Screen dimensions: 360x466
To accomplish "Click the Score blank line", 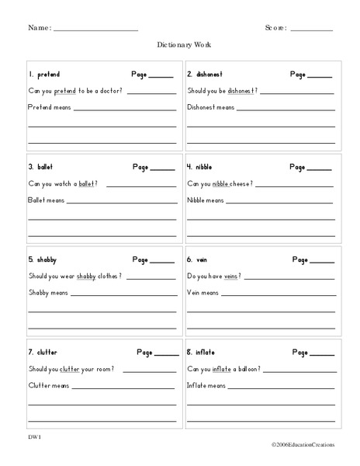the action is coord(311,30).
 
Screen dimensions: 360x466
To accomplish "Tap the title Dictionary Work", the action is coord(180,46).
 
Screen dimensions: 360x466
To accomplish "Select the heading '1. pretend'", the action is coord(44,75).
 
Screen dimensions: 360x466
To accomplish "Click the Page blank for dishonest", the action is coord(320,77).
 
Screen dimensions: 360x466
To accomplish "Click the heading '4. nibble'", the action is coord(199,167).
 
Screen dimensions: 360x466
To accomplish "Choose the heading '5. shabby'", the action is coord(43,259).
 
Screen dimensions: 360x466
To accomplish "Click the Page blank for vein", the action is coord(322,262).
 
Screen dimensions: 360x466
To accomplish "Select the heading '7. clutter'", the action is coord(43,352).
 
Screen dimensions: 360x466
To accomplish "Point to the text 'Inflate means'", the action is coord(206,384).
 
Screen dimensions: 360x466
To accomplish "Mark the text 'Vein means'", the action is coord(202,293).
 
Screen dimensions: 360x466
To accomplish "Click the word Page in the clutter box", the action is coord(144,352).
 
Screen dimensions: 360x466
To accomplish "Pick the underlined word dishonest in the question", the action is coord(241,92).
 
